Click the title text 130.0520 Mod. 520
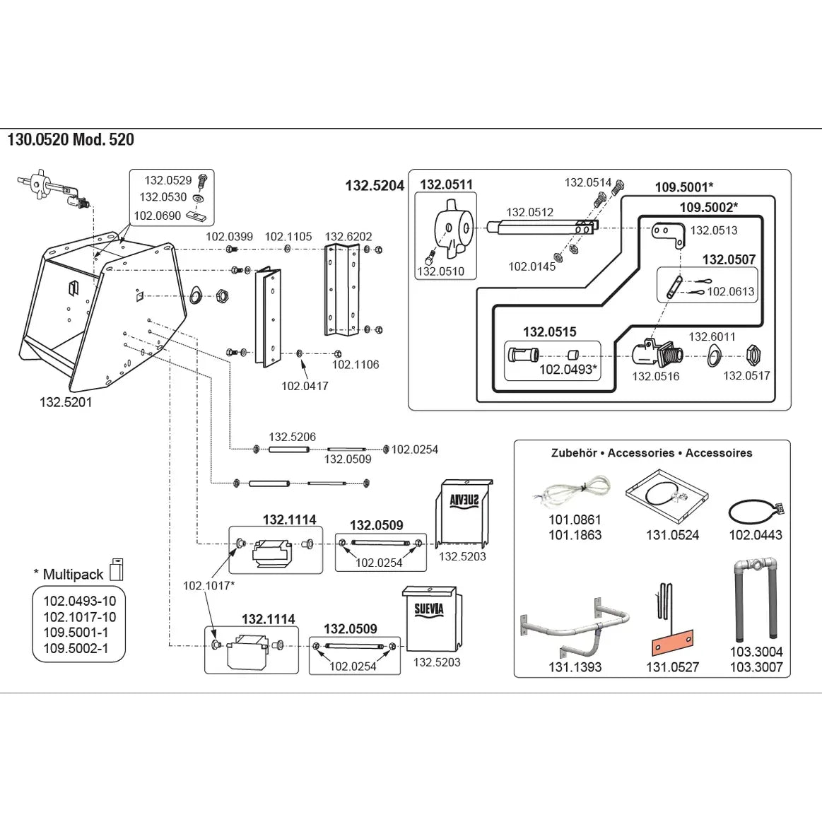pos(71,139)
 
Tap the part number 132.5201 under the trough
pos(66,402)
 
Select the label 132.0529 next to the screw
pos(168,181)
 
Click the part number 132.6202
pos(348,237)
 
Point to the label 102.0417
pos(305,386)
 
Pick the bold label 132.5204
pos(375,186)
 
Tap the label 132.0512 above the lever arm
pos(530,212)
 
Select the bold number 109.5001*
pos(683,187)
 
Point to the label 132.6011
pos(712,337)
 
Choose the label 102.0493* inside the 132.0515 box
pos(568,370)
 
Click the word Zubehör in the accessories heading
pos(574,453)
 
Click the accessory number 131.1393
pos(575,667)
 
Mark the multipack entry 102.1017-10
pos(80,617)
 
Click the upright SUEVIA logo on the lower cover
pos(429,608)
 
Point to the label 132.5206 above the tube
pos(292,438)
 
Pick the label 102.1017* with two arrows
pos(209,585)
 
